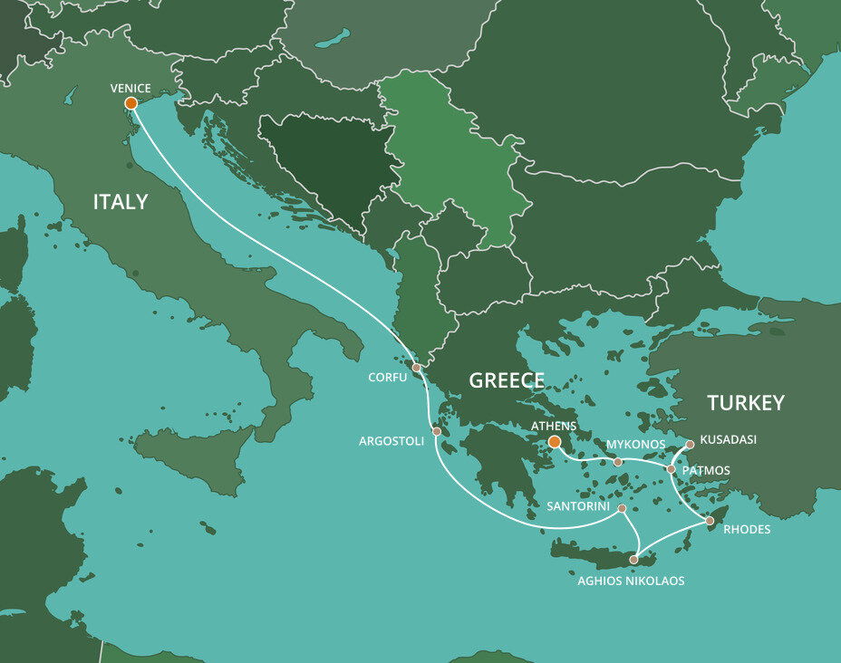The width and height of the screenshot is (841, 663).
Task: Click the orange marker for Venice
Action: pyautogui.click(x=130, y=103)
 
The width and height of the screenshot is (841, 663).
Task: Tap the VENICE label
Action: pyautogui.click(x=130, y=89)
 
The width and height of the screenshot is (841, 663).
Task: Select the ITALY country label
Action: pyautogui.click(x=121, y=202)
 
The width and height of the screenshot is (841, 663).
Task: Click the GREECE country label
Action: pyautogui.click(x=507, y=381)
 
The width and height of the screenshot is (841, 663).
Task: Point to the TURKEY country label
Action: pyautogui.click(x=746, y=403)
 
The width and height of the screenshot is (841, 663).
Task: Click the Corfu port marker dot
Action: pyautogui.click(x=416, y=368)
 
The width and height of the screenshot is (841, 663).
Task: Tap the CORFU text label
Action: pyautogui.click(x=389, y=376)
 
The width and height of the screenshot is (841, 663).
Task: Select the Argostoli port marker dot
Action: pyautogui.click(x=436, y=432)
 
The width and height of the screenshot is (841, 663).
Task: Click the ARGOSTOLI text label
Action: pyautogui.click(x=391, y=441)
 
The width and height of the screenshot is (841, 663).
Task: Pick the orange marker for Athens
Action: pyautogui.click(x=554, y=442)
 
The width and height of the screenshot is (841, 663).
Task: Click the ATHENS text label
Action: pyautogui.click(x=552, y=426)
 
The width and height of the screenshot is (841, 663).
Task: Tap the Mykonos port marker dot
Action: pyautogui.click(x=618, y=462)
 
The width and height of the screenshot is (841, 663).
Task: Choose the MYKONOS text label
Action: pyautogui.click(x=635, y=446)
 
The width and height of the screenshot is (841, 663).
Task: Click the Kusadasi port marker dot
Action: pyautogui.click(x=690, y=445)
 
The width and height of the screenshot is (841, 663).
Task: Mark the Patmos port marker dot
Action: pyautogui.click(x=671, y=469)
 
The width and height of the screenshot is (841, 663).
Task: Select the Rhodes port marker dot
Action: pyautogui.click(x=710, y=521)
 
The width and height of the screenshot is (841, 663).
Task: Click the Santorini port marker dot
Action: pyautogui.click(x=623, y=509)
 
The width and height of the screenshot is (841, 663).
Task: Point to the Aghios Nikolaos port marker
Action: pyautogui.click(x=633, y=560)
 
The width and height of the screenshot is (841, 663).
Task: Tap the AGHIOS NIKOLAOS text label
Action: pyautogui.click(x=631, y=581)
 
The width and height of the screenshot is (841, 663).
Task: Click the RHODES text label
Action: pyautogui.click(x=747, y=530)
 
